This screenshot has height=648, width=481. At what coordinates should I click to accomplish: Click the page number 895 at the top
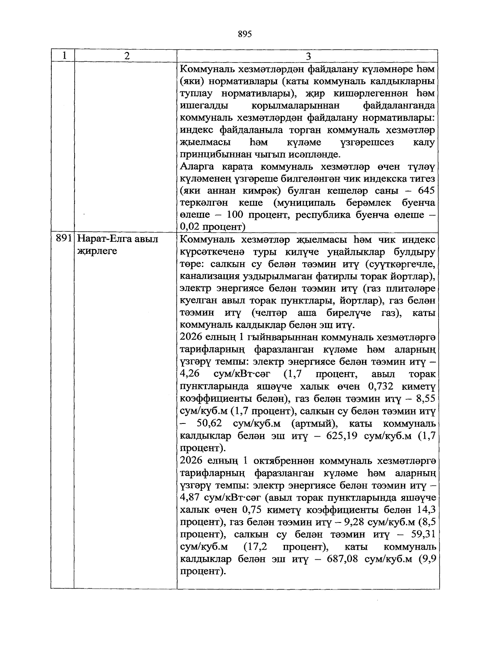245,34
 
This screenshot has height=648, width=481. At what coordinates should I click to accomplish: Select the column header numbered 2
127,56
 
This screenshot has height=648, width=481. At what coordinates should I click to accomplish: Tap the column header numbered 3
308,56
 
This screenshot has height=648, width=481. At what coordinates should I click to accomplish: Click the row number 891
63,239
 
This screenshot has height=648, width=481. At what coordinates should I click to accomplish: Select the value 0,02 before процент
190,227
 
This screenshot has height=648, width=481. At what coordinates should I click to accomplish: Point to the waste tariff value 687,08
342,559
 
